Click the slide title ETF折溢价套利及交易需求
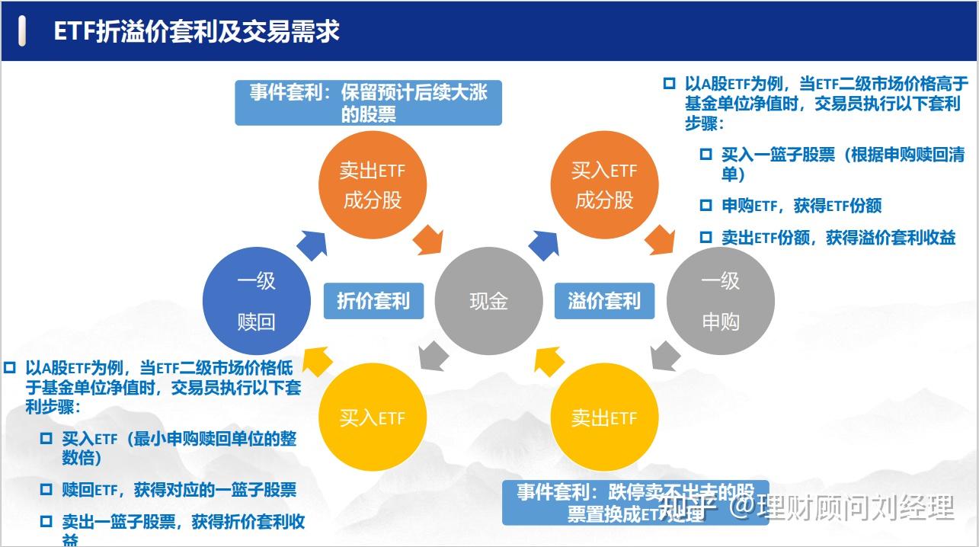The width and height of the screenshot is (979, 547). pyautogui.click(x=197, y=31)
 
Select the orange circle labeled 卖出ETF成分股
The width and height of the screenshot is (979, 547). pyautogui.click(x=372, y=185)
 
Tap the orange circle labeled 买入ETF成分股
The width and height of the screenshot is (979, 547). pyautogui.click(x=604, y=185)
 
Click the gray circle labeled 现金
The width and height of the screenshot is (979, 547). pyautogui.click(x=488, y=301)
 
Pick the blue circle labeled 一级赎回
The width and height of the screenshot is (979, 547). pyautogui.click(x=256, y=301)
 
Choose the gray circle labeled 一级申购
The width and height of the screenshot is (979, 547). pyautogui.click(x=720, y=301)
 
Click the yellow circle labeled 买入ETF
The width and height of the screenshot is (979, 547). pyautogui.click(x=372, y=417)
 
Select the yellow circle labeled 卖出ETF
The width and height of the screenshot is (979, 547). pyautogui.click(x=604, y=417)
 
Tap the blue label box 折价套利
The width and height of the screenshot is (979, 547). pyautogui.click(x=373, y=300)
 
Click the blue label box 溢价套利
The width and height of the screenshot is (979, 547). pyautogui.click(x=604, y=300)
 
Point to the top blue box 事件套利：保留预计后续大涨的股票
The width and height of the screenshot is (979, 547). pyautogui.click(x=368, y=103)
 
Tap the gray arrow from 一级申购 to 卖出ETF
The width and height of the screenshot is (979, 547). pyautogui.click(x=666, y=356)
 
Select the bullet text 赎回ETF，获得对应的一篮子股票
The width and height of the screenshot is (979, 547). pyautogui.click(x=179, y=490)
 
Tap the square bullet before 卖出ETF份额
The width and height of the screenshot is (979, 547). pyautogui.click(x=706, y=238)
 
